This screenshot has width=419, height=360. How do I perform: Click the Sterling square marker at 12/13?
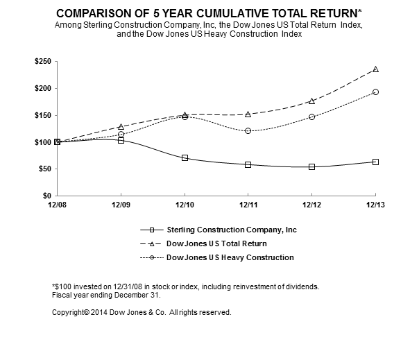[x=375, y=162]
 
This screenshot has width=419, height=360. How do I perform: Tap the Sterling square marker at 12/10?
[x=185, y=157]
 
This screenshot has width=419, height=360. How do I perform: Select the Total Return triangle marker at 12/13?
[x=375, y=69]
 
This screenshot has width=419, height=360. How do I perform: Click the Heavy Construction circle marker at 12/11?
[x=248, y=130]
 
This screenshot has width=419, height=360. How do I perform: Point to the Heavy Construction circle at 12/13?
[x=375, y=92]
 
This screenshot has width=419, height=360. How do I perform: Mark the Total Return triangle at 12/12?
[x=312, y=101]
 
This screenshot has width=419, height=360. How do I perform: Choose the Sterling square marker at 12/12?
[x=312, y=166]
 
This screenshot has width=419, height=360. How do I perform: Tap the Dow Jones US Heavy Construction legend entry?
[x=230, y=257]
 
